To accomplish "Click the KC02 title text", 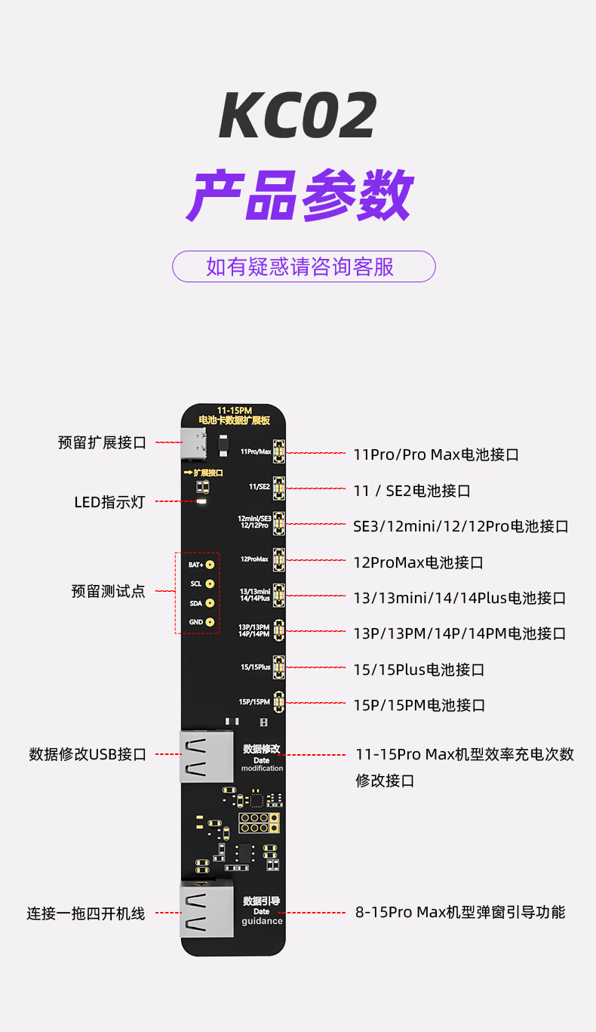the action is [x=298, y=115].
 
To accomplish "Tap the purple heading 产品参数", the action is [x=300, y=195].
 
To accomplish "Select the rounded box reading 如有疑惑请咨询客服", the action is [x=304, y=266].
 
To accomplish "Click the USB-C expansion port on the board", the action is [x=193, y=443].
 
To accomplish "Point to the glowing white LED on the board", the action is [x=201, y=501].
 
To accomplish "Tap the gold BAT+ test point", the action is [x=210, y=565].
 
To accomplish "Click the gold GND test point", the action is [x=210, y=622].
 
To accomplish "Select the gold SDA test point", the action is [x=210, y=603].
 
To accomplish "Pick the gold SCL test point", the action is [x=210, y=584].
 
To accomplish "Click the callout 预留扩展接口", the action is [x=102, y=442].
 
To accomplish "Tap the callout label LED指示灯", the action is [x=109, y=502].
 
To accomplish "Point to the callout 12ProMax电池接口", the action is [x=419, y=562].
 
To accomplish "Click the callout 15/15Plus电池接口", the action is [x=419, y=670].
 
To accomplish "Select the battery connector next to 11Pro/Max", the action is [x=279, y=451].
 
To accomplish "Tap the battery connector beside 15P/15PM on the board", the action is [x=279, y=701].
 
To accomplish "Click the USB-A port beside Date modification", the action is [x=207, y=756].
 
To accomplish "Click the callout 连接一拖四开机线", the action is [x=85, y=913].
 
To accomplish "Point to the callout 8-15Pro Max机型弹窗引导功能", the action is [x=460, y=912].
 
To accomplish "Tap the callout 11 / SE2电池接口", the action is [x=412, y=491].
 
